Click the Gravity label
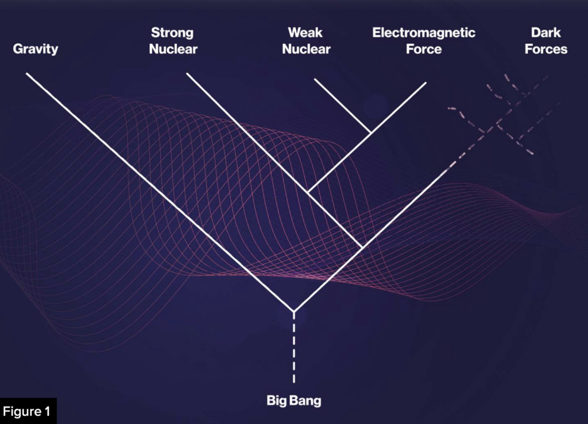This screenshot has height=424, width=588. tap(36, 49)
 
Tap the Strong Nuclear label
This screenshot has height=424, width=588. tap(173, 41)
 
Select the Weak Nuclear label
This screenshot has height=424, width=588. tap(305, 41)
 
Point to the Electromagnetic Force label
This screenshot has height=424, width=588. tap(424, 41)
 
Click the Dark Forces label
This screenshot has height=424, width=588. tap(546, 41)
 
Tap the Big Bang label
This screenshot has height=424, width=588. tap(294, 400)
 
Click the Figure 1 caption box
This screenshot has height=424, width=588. tap(28, 411)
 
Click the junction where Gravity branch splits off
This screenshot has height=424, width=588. tap(294, 312)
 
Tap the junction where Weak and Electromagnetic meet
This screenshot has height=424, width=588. tap(371, 132)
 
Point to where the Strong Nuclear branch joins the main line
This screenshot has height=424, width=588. tap(361, 247)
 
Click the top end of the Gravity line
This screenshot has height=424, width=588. tap(27, 73)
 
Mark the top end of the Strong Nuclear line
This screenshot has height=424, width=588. tap(187, 73)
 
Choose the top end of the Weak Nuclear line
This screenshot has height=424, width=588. tap(314, 79)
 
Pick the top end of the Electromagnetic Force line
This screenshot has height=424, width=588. tap(426, 82)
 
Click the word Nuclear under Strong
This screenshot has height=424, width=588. tap(173, 49)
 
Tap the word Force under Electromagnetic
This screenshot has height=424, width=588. tap(424, 49)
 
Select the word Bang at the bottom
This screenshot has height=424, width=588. tap(310, 400)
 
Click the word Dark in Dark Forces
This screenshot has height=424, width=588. tap(546, 33)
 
